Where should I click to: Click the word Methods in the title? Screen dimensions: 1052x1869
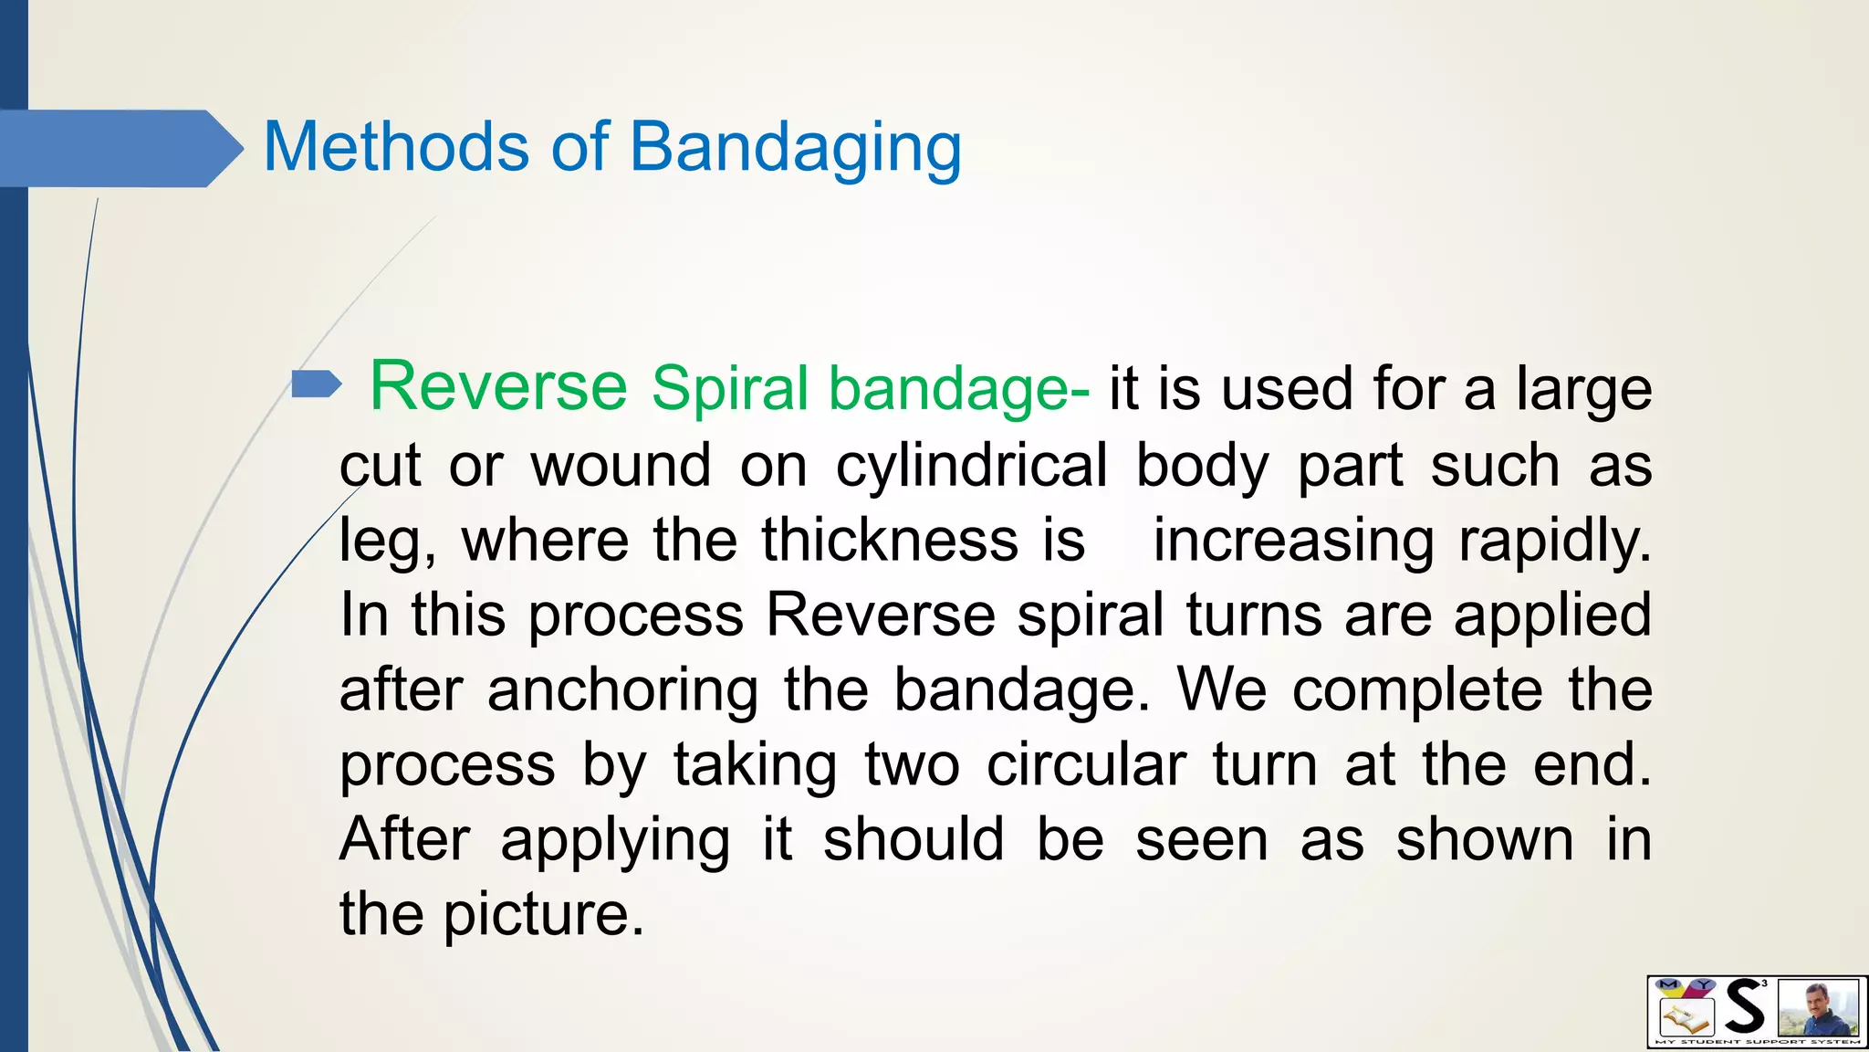395,147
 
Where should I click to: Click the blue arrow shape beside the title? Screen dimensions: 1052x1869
119,148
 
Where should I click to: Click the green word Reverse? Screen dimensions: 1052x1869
498,387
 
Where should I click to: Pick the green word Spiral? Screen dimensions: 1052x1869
730,389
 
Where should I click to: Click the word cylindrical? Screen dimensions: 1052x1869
971,466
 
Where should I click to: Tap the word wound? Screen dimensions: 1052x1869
621,466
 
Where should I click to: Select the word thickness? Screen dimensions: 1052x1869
890,541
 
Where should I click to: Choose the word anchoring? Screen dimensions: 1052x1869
622,690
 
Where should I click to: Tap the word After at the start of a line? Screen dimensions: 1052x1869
404,840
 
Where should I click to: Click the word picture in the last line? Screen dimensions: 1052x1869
543,915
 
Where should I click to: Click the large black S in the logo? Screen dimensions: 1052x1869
1744,1007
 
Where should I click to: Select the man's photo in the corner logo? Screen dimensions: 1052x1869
1819,1008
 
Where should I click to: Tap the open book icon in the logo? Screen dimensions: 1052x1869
1684,1017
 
